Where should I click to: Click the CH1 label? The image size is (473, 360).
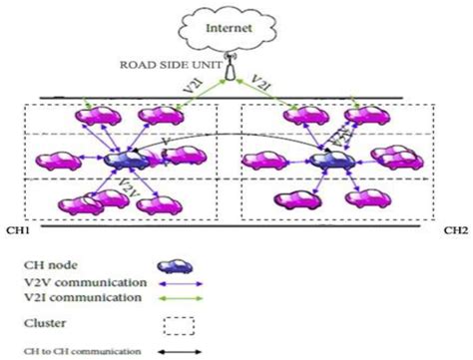(x=17, y=227)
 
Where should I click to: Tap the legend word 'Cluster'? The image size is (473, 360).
(x=45, y=322)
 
